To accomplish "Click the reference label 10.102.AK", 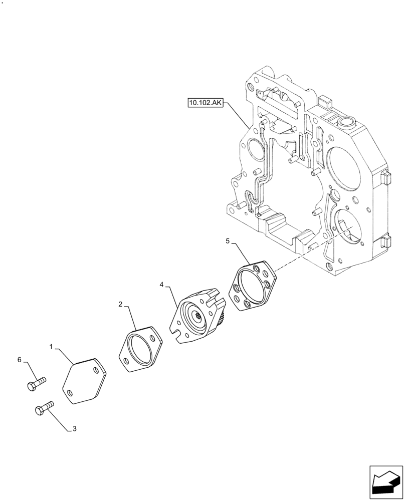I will [206, 104].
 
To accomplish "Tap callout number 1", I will [52, 347].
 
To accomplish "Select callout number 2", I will [121, 304].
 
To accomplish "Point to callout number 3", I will [75, 429].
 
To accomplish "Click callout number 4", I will [162, 285].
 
